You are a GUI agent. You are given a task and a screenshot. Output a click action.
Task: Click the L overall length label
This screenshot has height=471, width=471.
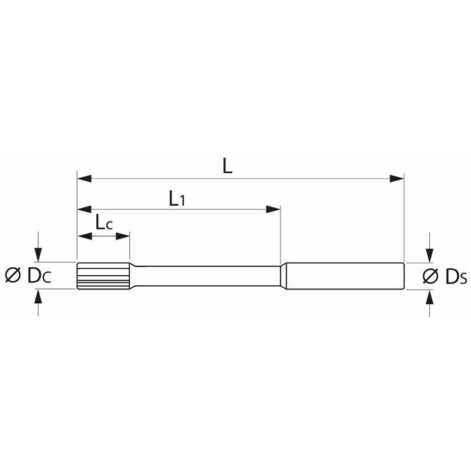[227, 166]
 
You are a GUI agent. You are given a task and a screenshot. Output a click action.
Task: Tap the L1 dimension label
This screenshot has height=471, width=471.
[177, 198]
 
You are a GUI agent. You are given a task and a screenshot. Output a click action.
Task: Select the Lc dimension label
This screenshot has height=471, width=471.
[104, 222]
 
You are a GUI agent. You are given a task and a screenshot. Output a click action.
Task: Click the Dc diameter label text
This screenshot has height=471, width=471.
[39, 275]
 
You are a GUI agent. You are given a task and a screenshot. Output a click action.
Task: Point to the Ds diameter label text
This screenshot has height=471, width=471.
[456, 277]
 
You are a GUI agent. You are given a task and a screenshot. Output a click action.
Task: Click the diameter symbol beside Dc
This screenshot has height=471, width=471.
[13, 275]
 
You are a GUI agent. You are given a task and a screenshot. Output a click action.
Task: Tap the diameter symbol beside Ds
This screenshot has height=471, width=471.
[431, 276]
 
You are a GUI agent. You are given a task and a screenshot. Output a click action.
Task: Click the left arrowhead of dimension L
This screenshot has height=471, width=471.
[84, 178]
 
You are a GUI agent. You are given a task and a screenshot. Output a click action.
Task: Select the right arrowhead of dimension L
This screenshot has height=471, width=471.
[397, 178]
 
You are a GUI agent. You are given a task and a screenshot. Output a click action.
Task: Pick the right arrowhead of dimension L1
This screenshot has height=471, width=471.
[273, 209]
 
